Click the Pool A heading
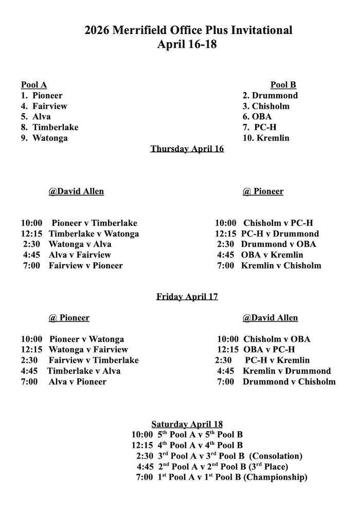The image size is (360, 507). click(34, 85)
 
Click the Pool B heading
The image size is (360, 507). click(283, 85)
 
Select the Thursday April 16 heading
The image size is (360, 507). click(187, 149)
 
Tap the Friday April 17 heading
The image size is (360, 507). click(187, 296)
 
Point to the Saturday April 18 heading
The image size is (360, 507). click(187, 424)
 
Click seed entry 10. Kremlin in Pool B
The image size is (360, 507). click(266, 138)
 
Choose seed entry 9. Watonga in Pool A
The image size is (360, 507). click(44, 138)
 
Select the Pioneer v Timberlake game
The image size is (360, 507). click(94, 223)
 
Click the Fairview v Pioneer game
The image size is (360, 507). click(86, 266)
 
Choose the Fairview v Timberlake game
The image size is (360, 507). click(94, 360)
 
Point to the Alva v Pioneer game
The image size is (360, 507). click(78, 381)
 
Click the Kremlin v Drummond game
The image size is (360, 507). click(287, 371)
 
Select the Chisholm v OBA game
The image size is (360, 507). click(277, 339)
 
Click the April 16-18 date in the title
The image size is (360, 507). click(187, 44)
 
